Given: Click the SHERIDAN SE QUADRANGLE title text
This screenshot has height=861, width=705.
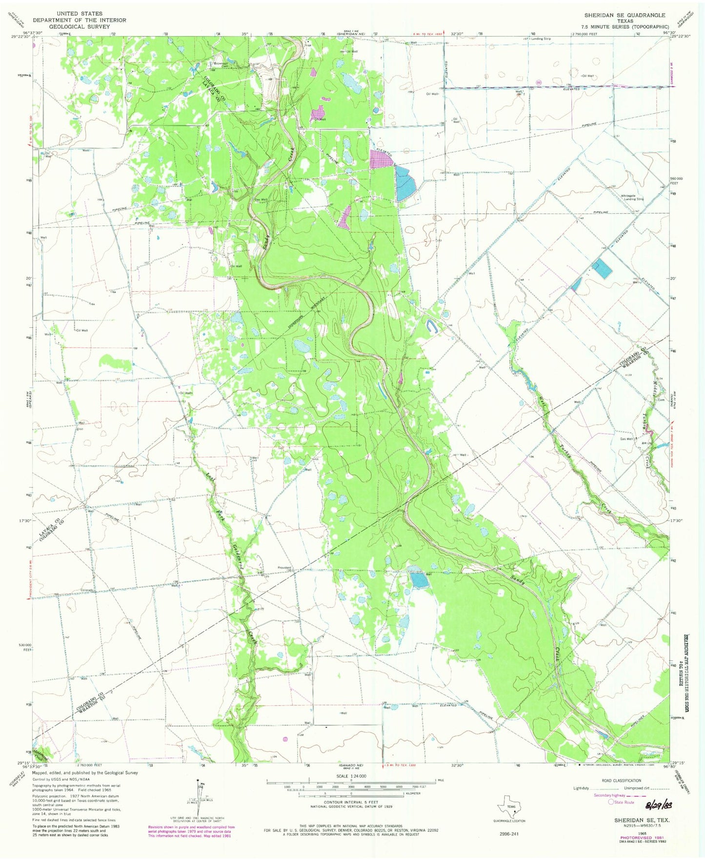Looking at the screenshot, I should click(624, 15).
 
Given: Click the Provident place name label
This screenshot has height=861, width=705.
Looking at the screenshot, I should click(284, 568).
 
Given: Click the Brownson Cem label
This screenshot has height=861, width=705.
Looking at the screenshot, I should click(218, 65).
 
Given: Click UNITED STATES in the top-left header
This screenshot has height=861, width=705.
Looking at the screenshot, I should click(79, 14).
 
